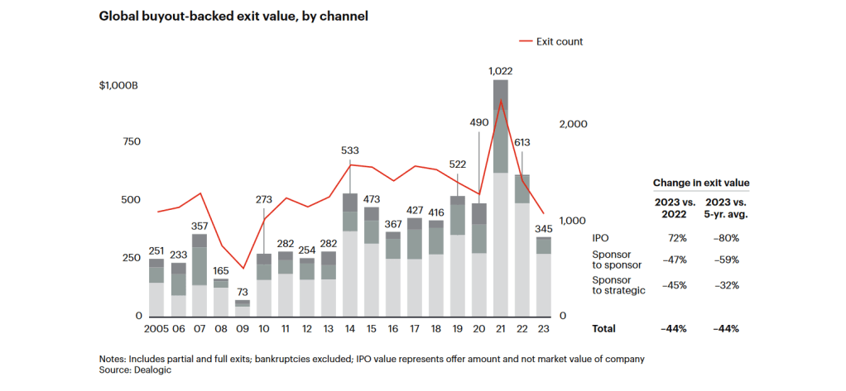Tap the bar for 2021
(500, 198)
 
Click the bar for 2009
(243, 308)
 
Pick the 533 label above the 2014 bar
(349, 150)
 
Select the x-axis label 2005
(156, 328)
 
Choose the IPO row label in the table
(600, 238)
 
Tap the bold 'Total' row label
(603, 328)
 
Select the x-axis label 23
(543, 328)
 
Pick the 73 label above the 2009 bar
(243, 293)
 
